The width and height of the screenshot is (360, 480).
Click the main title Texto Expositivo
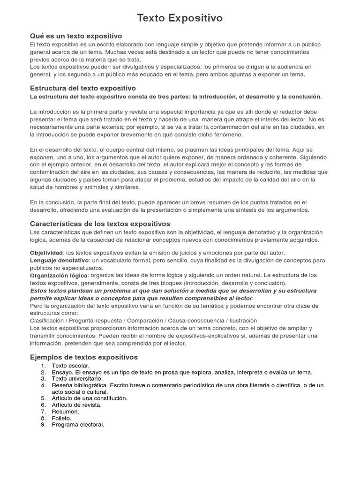pos(180,18)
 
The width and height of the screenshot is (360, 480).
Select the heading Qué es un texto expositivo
pos(76,36)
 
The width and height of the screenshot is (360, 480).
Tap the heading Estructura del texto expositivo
pos(83,88)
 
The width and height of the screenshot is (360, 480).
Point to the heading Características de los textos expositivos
pos(100,224)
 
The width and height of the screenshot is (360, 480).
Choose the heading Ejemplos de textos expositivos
pos(84,357)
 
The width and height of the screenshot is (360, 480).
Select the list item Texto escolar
pos(71,366)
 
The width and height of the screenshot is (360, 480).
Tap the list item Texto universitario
pos(77,378)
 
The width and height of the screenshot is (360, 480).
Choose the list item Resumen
pos(65,411)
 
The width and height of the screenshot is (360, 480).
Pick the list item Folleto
pos(62,418)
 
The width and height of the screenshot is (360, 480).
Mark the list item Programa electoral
pos(78,425)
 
